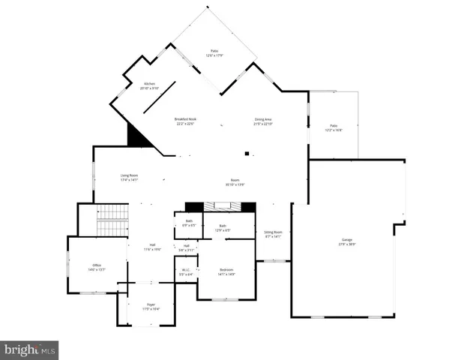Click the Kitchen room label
(x=150, y=84)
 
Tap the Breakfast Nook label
(x=185, y=119)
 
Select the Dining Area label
(x=263, y=119)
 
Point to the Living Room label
(x=130, y=175)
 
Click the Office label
(x=97, y=265)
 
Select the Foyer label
(x=151, y=304)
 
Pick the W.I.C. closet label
(x=185, y=271)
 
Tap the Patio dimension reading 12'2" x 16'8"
(x=334, y=130)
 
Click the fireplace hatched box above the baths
(x=221, y=206)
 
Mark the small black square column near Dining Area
(x=246, y=154)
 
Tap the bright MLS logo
(x=29, y=349)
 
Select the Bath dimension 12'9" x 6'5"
(x=223, y=229)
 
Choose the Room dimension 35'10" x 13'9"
(x=235, y=183)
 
